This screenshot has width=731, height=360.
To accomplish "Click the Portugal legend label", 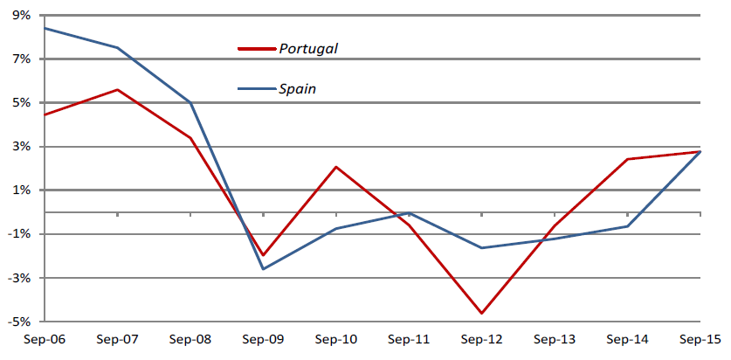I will point(308,48).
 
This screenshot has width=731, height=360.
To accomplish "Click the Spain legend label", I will point(298,88).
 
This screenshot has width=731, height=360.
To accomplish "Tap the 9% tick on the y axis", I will point(21,15).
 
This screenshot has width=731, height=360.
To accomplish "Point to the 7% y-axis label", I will point(21,59).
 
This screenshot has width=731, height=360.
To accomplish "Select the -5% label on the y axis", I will point(18,322).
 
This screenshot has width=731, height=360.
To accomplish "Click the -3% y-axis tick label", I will point(18,278).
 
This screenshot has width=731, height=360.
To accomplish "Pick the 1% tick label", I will point(21,190).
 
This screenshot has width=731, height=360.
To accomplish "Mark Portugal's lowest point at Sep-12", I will point(482,313).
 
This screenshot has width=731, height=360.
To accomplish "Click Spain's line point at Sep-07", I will point(117,47).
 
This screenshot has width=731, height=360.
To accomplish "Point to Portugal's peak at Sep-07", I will point(117,89).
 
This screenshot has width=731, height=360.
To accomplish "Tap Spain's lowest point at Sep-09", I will point(263,268).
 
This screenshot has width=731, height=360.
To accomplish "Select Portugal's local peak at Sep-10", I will point(336,167).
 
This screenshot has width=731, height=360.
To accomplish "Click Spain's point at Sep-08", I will point(190,102).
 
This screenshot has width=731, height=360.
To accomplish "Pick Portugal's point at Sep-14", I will point(627,159).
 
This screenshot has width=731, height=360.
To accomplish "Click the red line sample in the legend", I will point(257,49).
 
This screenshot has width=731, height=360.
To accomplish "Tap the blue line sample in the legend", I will point(257,88).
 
